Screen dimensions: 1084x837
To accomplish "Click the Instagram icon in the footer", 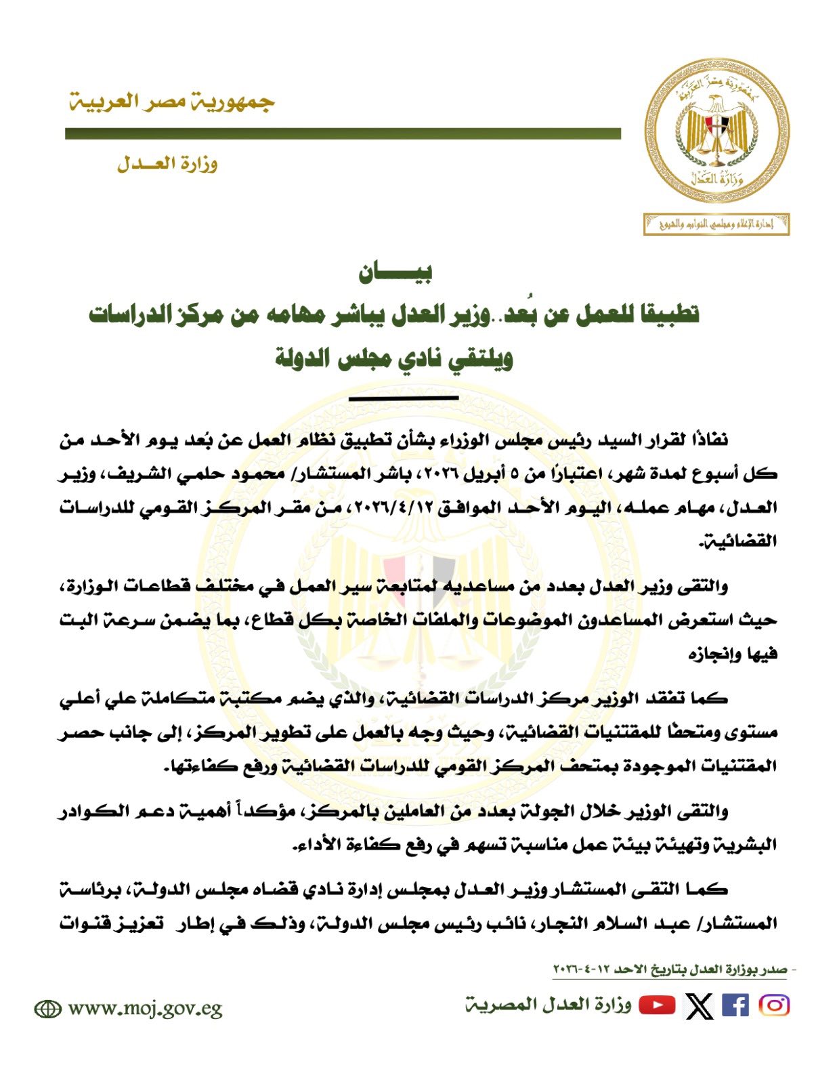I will [x=774, y=1005].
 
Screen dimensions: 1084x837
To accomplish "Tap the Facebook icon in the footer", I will [x=735, y=1005].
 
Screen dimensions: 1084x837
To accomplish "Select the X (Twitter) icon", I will [x=699, y=1005].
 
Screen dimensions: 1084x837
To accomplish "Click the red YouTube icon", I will [x=657, y=1005].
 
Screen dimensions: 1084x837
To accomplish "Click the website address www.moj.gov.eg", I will [x=145, y=1009].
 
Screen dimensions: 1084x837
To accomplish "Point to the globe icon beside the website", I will [x=47, y=1009].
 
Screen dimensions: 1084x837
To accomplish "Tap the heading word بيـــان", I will [x=395, y=272].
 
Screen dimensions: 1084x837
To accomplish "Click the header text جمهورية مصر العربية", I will [x=171, y=102].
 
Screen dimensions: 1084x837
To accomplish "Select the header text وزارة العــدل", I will [x=167, y=164].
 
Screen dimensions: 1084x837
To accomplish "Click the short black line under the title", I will [x=404, y=398].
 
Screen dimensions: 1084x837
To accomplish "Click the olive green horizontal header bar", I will [x=343, y=134].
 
